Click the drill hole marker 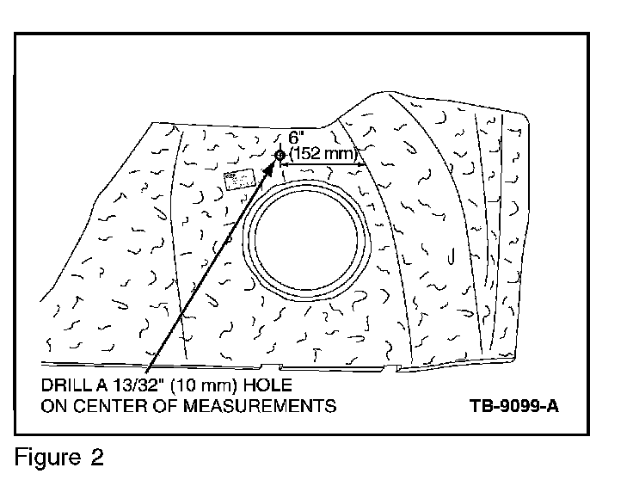(x=280, y=155)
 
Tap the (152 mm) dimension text (x=323, y=153)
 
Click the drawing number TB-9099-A (x=514, y=404)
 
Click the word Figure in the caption (x=47, y=456)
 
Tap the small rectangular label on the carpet (x=237, y=179)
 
